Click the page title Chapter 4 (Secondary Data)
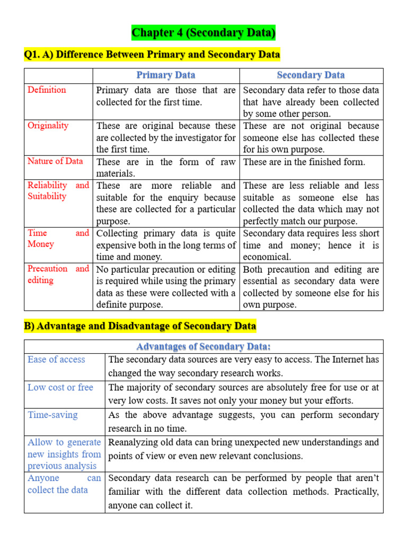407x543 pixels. pos(203,33)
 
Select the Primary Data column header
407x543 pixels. pos(166,75)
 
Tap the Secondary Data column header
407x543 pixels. pos(311,75)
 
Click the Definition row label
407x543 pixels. pos(47,90)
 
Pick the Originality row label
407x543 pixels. pos(48,126)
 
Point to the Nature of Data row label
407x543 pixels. pos(55,161)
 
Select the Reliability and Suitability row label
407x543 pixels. pos(58,191)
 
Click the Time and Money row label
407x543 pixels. pos(58,239)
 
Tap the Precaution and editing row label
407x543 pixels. pos(58,274)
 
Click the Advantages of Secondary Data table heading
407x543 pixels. pos(203,347)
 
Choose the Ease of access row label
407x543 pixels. pos(56,360)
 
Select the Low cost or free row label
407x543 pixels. pos(60,388)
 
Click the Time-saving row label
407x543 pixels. pos(52,415)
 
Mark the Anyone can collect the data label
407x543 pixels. pos(64,484)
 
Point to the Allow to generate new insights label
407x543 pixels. pos(64,454)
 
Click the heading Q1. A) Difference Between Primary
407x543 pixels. pos(152,55)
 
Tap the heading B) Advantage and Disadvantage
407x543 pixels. pos(140,326)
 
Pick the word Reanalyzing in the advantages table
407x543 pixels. pos(133,442)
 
